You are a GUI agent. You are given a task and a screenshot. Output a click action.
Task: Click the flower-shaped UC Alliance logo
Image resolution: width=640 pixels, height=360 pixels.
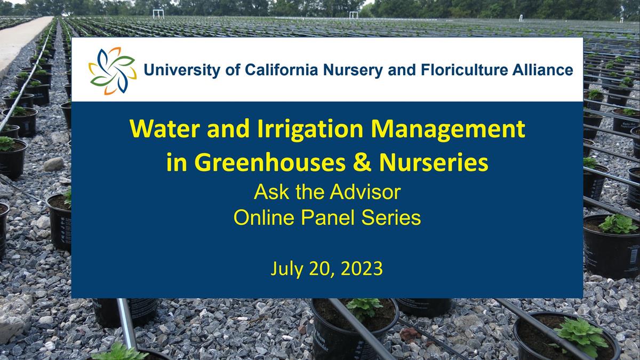[113, 71]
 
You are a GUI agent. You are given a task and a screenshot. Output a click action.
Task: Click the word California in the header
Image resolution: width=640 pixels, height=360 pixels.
[282, 70]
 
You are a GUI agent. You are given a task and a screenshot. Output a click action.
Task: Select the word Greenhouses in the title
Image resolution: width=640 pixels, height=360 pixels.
[270, 163]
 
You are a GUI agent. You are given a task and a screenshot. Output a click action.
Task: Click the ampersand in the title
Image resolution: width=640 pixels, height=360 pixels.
[362, 163]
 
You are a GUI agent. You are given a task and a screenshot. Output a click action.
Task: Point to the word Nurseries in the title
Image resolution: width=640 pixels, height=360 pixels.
[434, 163]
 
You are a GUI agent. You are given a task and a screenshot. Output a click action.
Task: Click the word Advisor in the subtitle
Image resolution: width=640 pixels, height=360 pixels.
[365, 192]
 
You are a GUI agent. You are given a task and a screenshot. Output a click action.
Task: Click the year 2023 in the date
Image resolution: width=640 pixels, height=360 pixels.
[362, 268]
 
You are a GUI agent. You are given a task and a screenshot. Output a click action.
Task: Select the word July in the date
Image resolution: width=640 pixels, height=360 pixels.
[287, 269]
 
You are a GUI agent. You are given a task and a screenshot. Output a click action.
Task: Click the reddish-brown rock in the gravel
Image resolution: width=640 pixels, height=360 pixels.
[410, 334]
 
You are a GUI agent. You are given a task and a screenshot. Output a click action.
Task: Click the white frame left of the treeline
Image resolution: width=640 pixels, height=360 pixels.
[158, 14]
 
